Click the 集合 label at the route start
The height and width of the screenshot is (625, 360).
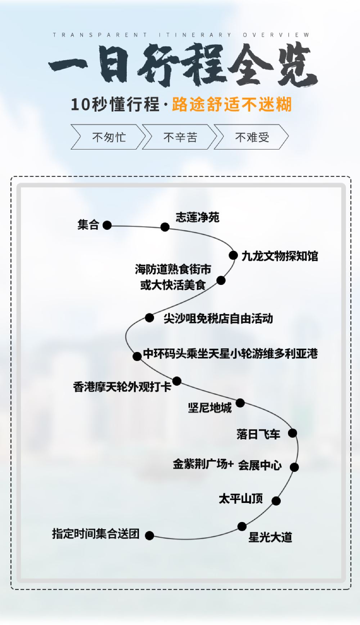88,225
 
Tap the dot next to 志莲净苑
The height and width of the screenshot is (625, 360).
165,227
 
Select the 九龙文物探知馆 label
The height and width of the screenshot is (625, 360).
280,256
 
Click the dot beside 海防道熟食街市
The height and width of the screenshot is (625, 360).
221,280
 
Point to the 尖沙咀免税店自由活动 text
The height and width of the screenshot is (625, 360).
218,318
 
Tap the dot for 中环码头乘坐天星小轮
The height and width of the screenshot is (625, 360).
137,356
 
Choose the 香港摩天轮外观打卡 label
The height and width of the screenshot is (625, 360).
122,387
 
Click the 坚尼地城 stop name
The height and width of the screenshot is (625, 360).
210,408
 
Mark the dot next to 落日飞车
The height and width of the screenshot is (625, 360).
293,433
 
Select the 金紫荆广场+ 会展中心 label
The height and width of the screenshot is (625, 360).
227,465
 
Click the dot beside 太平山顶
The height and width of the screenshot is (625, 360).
276,501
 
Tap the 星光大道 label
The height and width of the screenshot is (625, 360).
270,537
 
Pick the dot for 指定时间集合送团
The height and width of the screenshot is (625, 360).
149,536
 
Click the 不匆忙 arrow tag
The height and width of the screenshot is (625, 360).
108,137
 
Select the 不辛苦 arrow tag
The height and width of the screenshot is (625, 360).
180,137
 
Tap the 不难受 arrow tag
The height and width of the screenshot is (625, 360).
252,137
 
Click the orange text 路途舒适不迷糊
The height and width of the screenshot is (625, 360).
231,104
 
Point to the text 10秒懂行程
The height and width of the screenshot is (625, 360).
115,104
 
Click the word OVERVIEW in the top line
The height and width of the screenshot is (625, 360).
276,35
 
